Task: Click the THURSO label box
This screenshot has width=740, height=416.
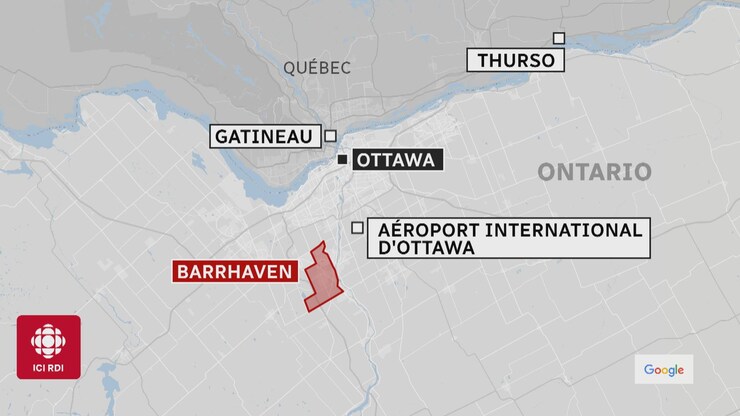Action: (x=515, y=60)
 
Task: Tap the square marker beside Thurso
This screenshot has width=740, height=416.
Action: (x=559, y=38)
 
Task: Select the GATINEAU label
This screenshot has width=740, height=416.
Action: (x=264, y=136)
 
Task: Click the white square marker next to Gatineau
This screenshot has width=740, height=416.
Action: (x=331, y=137)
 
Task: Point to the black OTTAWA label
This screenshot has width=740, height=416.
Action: (x=395, y=160)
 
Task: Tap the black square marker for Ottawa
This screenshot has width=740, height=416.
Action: (x=342, y=160)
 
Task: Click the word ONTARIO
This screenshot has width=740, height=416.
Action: (x=594, y=172)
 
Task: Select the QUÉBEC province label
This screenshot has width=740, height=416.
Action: (x=317, y=68)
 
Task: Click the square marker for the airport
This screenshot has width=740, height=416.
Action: (x=357, y=227)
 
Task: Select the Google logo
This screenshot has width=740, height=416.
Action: (x=663, y=370)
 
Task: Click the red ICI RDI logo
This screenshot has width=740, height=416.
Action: (x=48, y=347)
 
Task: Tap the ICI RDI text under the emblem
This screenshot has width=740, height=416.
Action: (x=48, y=367)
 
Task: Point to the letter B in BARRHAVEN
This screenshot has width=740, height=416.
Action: (x=182, y=271)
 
